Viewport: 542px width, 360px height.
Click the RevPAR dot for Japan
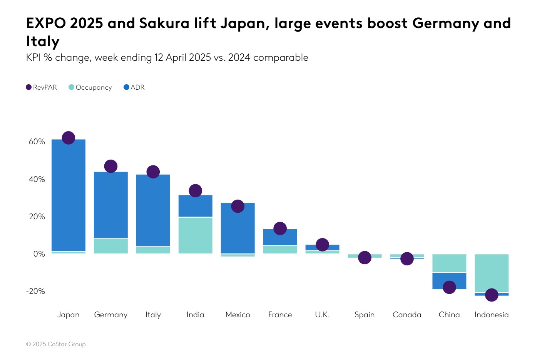(69, 138)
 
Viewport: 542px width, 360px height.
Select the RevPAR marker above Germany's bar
(111, 166)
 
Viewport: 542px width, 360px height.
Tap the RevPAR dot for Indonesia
(492, 295)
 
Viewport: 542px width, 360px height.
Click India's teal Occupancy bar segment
(196, 235)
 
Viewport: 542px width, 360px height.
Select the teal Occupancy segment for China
(449, 263)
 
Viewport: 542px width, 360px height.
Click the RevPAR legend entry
(41, 87)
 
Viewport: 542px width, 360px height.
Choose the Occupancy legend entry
(90, 87)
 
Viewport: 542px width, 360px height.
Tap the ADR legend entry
(134, 87)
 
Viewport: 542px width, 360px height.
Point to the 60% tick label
(37, 142)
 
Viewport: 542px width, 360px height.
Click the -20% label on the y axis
(35, 291)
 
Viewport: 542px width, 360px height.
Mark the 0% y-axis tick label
(39, 254)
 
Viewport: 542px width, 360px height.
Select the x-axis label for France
(280, 315)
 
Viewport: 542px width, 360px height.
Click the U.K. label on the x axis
(322, 315)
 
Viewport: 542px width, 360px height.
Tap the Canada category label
(407, 315)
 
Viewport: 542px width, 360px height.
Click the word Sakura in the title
(164, 23)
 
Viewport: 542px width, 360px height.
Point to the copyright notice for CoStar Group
(56, 344)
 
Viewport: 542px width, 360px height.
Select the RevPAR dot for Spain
(365, 258)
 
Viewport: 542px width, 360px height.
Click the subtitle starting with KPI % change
(167, 58)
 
